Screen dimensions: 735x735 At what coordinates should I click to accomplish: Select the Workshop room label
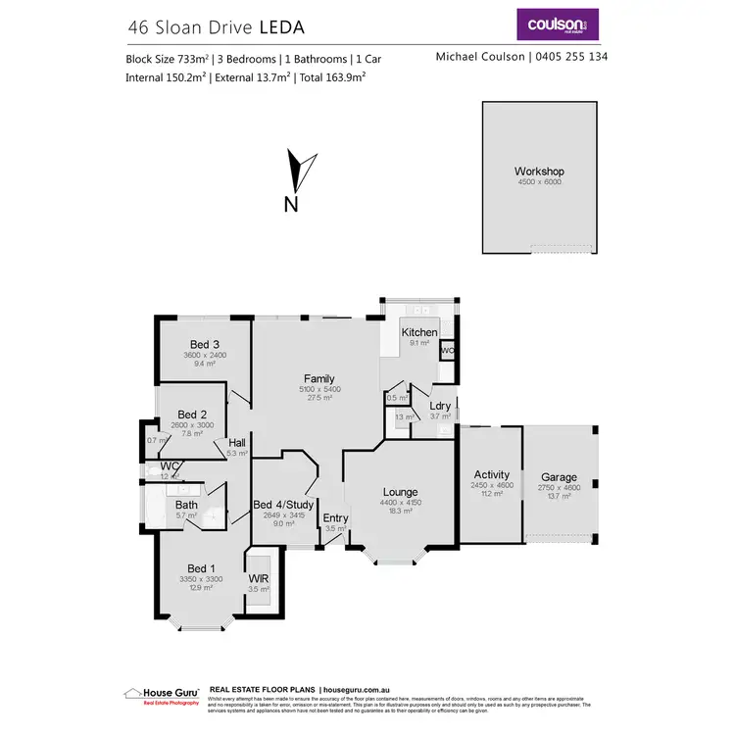539,171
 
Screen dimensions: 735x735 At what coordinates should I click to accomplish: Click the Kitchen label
419,332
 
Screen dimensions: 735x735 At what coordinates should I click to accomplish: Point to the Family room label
318,378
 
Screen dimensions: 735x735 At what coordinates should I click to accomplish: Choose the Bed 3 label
204,344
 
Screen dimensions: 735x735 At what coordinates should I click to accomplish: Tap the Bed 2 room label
191,415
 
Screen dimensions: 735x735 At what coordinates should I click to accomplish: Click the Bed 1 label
201,568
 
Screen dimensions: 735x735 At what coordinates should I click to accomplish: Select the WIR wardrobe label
259,578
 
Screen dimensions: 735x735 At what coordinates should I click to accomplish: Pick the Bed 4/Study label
283,505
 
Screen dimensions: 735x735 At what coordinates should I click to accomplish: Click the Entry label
335,518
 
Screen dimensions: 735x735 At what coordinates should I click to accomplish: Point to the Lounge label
400,492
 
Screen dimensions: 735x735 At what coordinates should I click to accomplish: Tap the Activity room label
491,474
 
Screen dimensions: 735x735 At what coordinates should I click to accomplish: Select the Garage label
559,476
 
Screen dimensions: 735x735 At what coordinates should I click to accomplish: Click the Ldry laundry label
440,406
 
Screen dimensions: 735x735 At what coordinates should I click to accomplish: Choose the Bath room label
186,505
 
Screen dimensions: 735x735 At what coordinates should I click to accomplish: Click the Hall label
236,442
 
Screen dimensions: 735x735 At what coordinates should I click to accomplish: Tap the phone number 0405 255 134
568,57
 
